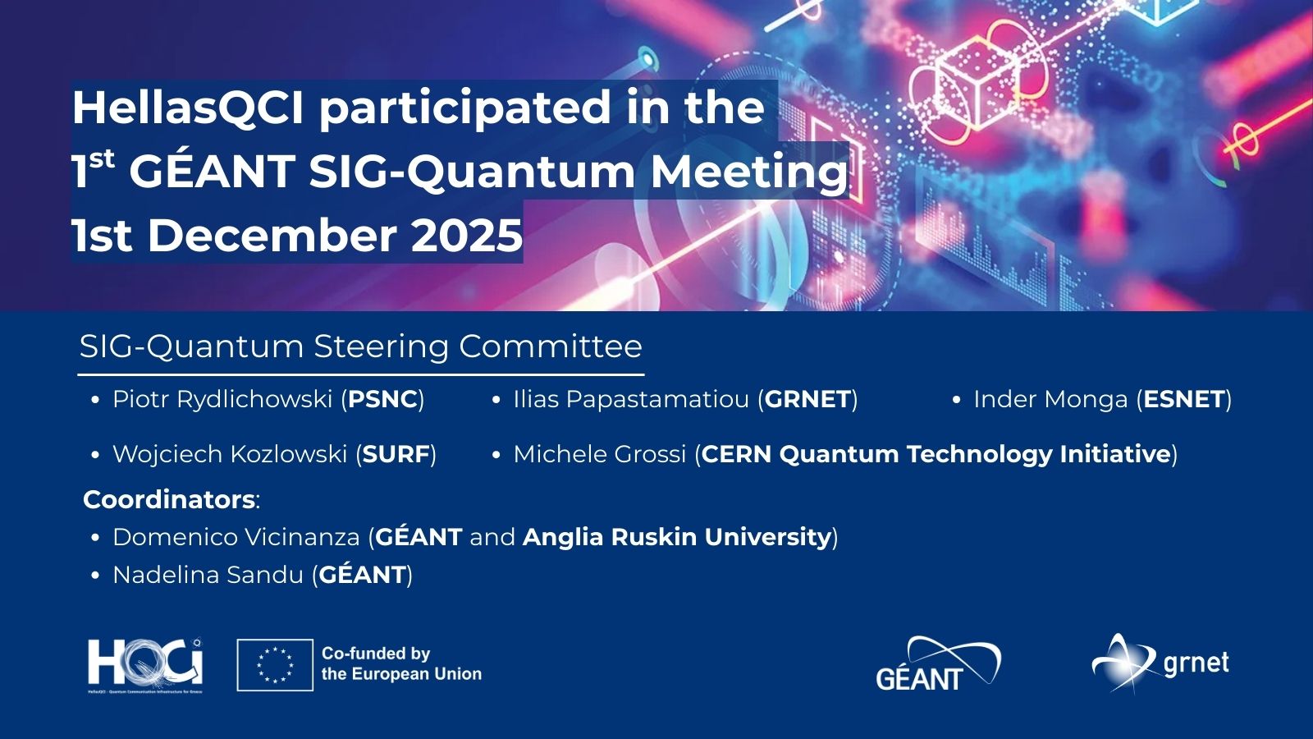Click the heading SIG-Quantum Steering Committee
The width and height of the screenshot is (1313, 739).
(361, 346)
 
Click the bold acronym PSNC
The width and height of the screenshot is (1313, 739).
(382, 399)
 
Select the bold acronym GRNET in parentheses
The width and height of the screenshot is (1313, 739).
(807, 399)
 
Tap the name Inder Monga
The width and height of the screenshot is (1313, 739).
(1050, 399)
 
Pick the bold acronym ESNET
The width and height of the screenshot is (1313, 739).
(1184, 399)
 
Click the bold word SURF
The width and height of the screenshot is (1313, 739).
(397, 455)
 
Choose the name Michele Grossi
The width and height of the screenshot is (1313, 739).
(600, 455)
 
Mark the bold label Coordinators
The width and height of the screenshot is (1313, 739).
(169, 500)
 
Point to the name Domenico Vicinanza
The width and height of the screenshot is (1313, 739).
(236, 537)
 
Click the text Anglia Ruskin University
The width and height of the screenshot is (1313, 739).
(677, 538)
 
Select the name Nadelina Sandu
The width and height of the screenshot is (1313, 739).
(208, 576)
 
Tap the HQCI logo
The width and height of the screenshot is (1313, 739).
(145, 666)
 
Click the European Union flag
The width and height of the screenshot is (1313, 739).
(275, 665)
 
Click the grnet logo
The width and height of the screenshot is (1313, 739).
(1160, 663)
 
